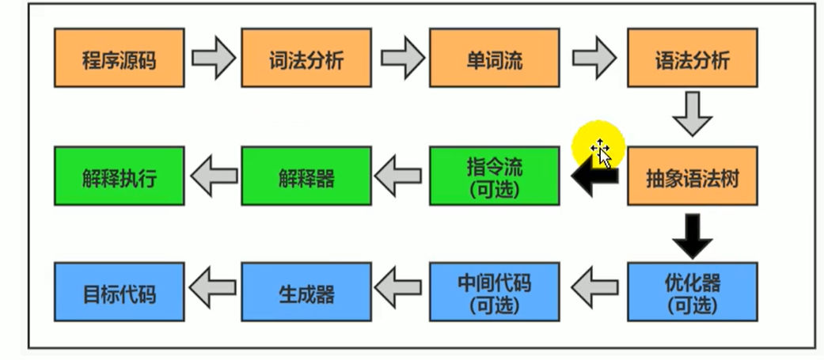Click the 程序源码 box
(120, 58)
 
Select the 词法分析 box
(306, 58)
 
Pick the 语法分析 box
(693, 58)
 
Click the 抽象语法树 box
(693, 176)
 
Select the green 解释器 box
(306, 176)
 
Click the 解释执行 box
(120, 176)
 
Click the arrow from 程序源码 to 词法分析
(213, 58)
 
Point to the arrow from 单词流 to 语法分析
(594, 58)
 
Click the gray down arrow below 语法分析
(693, 115)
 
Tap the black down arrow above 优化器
(693, 235)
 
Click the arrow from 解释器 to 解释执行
(213, 176)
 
